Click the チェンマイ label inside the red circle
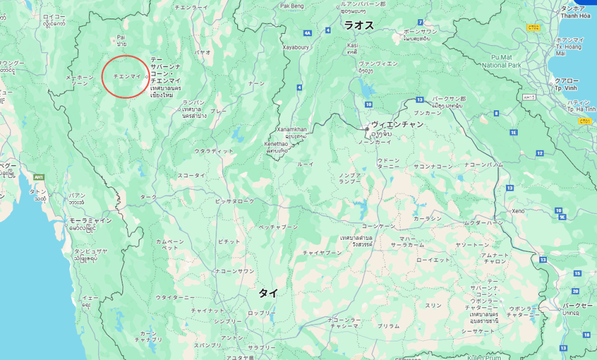click(123, 76)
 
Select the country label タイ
click(268, 293)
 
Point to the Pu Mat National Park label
click(505, 61)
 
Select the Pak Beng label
click(293, 6)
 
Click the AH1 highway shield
click(39, 177)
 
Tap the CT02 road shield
click(533, 27)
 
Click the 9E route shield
click(562, 216)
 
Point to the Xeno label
click(518, 211)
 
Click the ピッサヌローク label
click(235, 201)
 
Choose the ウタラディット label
click(214, 151)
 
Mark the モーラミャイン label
click(90, 220)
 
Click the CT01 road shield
click(585, 121)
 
